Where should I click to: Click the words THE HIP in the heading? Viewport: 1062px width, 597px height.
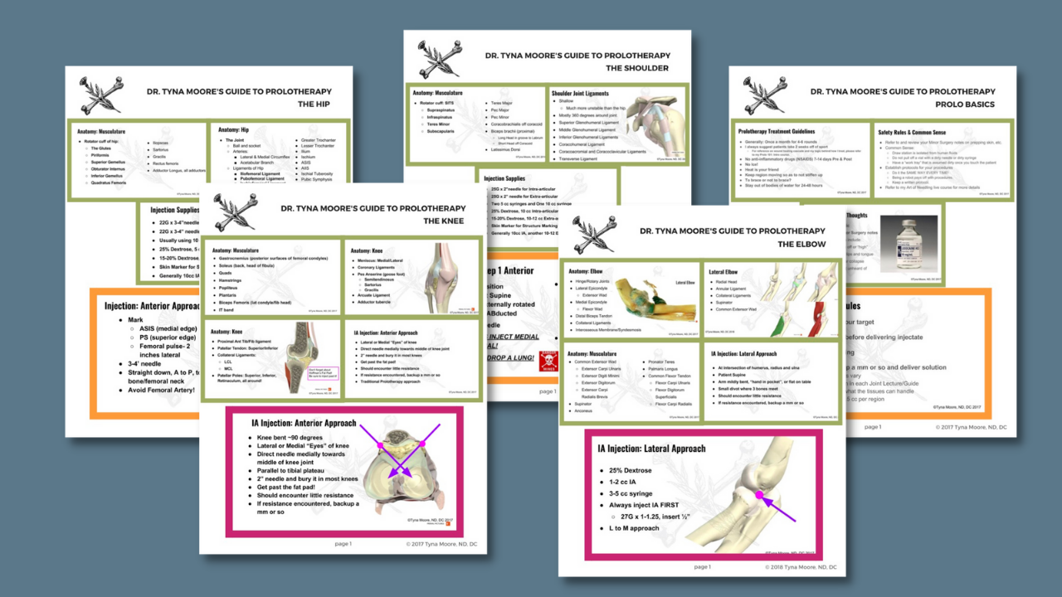[x=314, y=104]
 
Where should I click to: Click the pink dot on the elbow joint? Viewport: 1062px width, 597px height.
[x=758, y=496]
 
